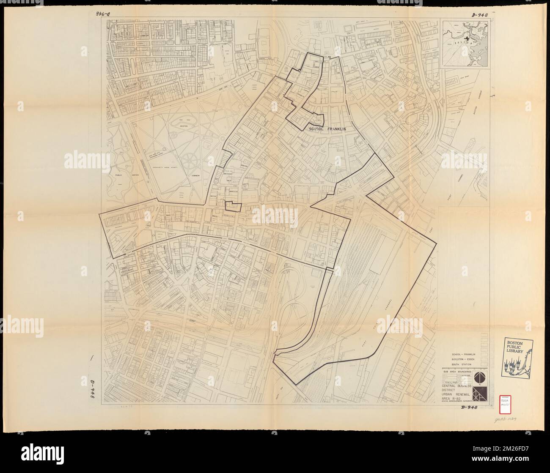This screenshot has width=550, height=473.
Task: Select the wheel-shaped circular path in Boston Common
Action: pyautogui.click(x=193, y=161)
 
